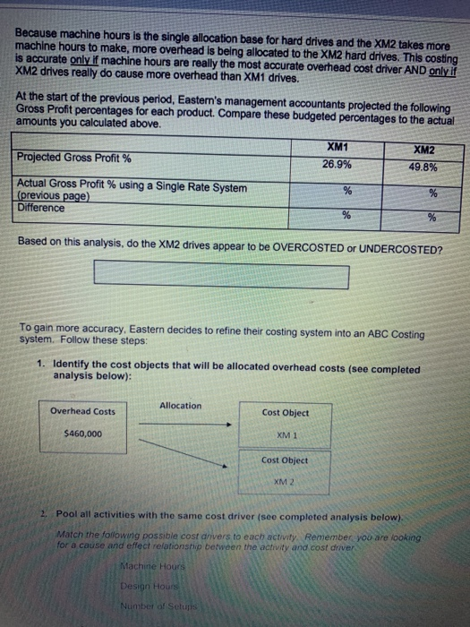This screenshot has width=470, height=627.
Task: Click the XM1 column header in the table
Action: click(x=337, y=144)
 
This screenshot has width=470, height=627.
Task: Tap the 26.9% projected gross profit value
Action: click(x=337, y=163)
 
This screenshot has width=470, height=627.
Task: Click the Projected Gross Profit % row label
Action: click(x=74, y=158)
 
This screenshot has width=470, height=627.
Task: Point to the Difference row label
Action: click(x=41, y=208)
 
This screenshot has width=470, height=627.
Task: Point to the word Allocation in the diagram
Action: click(x=180, y=406)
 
